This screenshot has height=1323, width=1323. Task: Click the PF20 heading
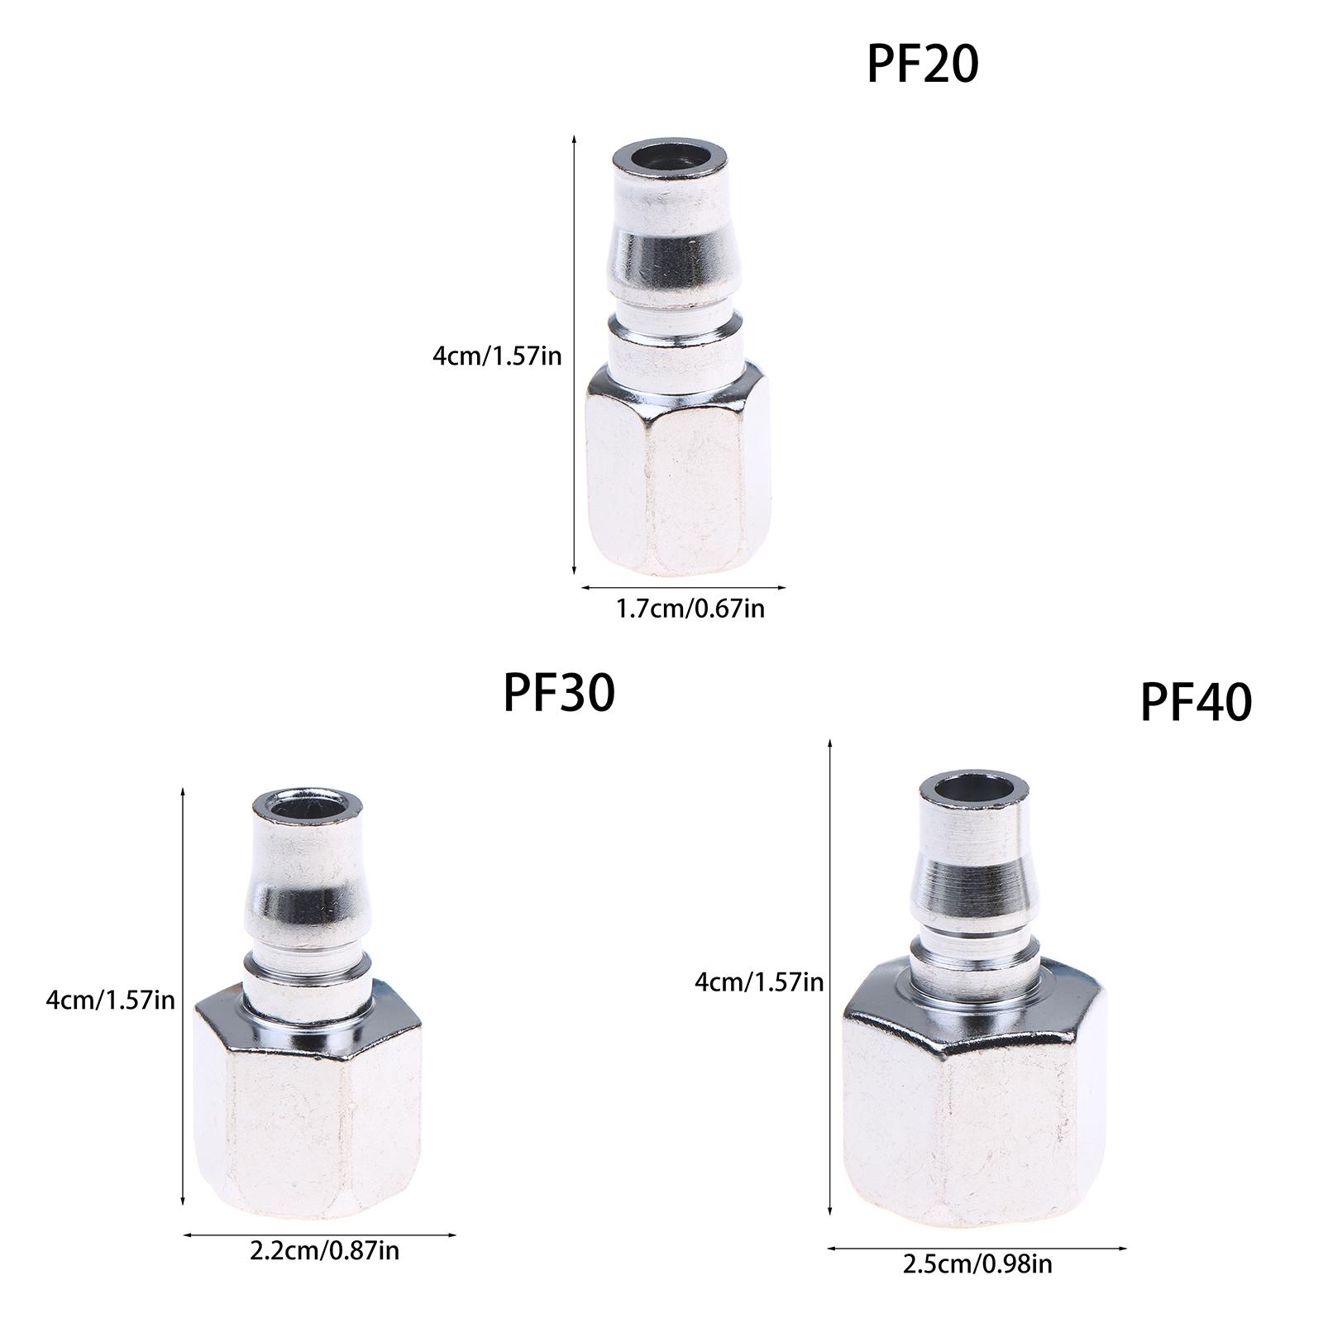point(922,64)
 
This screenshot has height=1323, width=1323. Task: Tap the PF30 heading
point(559,692)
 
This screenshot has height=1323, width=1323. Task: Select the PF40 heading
point(1196,702)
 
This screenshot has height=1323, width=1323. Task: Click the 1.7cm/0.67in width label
point(690,610)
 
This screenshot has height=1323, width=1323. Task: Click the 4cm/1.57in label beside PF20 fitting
point(497,356)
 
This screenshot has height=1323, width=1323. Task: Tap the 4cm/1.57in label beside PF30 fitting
point(111,1001)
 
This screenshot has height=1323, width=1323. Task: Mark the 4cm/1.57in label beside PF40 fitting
point(759,982)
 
